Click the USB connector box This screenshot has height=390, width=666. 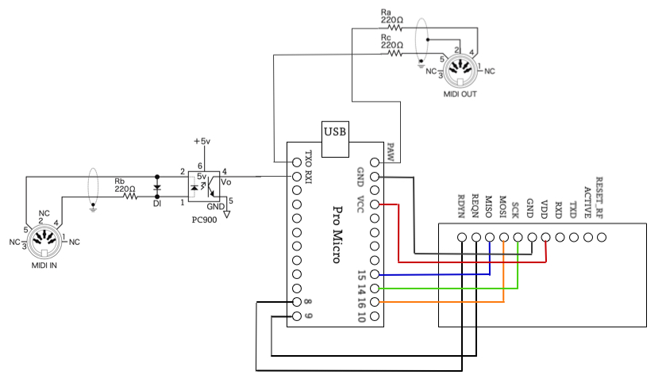(335, 140)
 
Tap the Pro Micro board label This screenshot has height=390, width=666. (337, 235)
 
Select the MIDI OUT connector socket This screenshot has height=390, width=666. (460, 71)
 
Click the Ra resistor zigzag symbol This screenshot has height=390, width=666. (395, 28)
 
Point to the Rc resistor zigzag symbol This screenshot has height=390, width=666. (395, 53)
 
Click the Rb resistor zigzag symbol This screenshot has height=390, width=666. (130, 197)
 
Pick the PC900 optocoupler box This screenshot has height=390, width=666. (204, 186)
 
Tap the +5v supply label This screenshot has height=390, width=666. (202, 141)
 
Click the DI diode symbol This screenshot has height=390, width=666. (157, 187)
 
